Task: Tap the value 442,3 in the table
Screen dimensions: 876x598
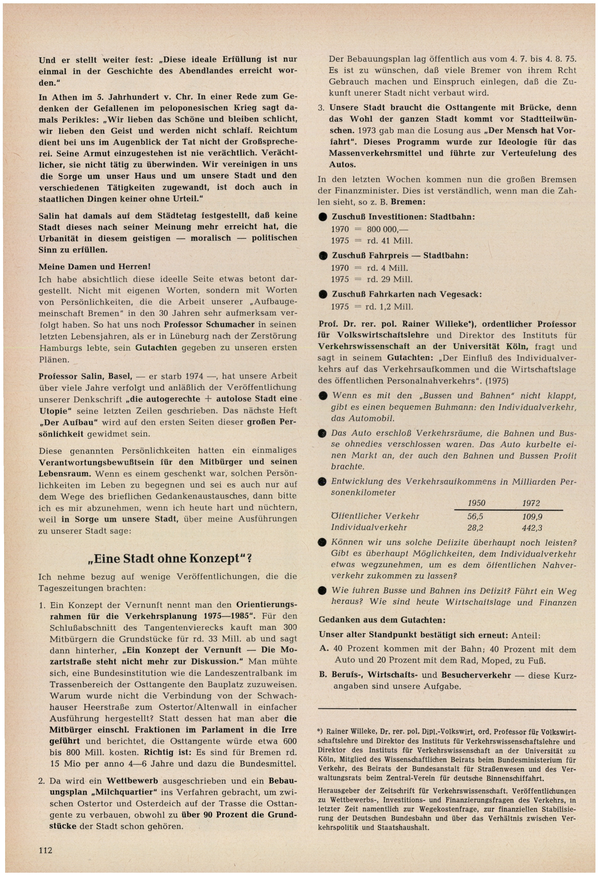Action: pos(532,528)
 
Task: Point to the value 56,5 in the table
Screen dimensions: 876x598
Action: pos(475,516)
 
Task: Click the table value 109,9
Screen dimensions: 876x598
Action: pos(532,516)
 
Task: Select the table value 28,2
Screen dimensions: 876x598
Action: pos(475,528)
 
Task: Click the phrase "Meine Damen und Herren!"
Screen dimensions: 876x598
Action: pos(95,266)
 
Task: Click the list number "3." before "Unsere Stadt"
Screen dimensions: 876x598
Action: pos(321,108)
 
